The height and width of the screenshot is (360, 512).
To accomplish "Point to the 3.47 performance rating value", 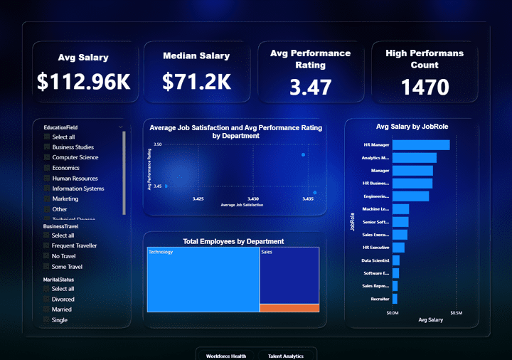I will pos(310,88).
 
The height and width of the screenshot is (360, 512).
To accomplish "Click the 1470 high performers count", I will pos(425,88).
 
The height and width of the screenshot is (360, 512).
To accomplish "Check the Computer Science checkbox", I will pos(47,157).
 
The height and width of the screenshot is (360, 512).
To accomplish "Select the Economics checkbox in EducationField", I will pos(47,168).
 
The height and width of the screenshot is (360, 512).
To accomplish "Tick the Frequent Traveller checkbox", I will pos(47,245).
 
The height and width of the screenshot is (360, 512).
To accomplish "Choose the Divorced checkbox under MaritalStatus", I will pos(47,300).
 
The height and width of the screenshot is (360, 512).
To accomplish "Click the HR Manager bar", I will pos(420,145).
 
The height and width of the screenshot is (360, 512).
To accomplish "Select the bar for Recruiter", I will pos(394,299).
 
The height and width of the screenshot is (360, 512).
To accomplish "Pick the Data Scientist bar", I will pos(395,260).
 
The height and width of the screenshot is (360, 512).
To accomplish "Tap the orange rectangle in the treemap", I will pos(289,307).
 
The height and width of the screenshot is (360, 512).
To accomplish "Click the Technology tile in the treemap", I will pos(203,280).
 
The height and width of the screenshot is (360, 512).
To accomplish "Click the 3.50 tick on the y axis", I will pos(158,144).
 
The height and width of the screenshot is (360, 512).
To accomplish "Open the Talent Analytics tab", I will pos(286,355).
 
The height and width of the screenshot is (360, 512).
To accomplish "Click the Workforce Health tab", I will pos(226,355).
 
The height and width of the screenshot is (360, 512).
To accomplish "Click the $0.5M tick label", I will pos(456,312).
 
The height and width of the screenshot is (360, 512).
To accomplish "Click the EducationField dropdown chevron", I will pos(120,127).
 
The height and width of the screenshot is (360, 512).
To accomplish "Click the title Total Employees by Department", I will pos(233,241).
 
